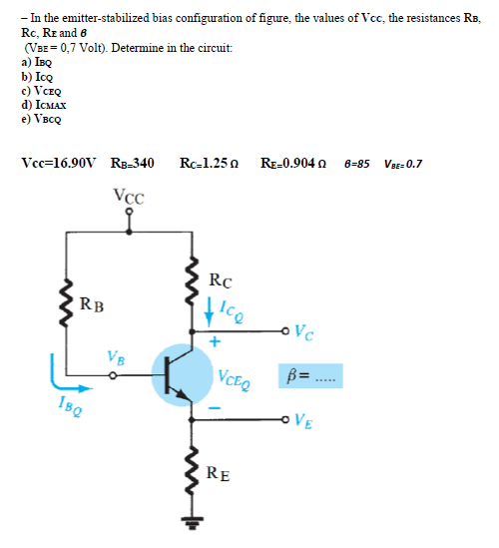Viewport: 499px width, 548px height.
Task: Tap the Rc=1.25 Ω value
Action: point(210,163)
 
